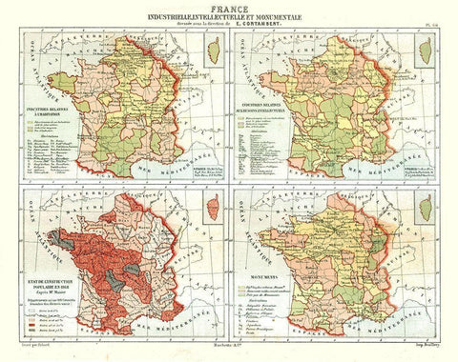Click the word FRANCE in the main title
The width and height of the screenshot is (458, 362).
click(x=229, y=7)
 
